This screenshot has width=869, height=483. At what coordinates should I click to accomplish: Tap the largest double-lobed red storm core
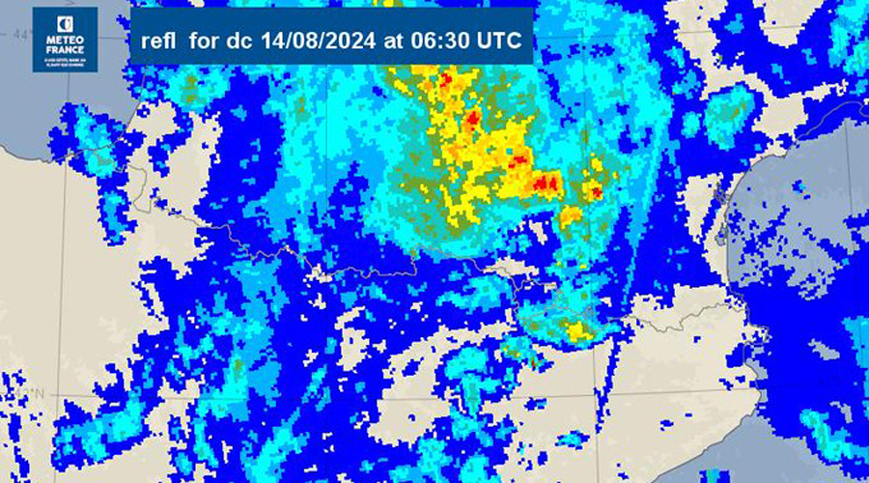pyautogui.click(x=546, y=183)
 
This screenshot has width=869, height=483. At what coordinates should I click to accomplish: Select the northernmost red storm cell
pyautogui.click(x=445, y=80)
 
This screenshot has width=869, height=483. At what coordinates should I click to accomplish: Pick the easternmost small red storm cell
pyautogui.click(x=596, y=193)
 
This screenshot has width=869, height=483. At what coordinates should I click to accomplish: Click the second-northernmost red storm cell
pyautogui.click(x=473, y=120)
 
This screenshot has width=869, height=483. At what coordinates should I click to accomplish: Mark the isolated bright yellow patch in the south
pyautogui.click(x=579, y=332)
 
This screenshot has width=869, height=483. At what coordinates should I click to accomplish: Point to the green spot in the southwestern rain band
pyautogui.click(x=237, y=367)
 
